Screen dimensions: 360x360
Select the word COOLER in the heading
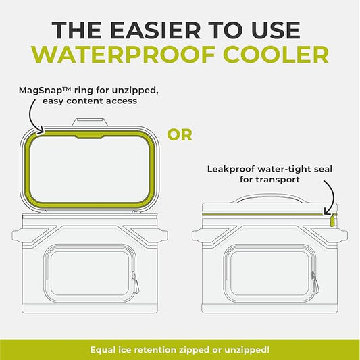pyautogui.click(x=273, y=54)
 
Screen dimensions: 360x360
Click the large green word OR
pyautogui.click(x=180, y=134)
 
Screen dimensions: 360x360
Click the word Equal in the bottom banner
pyautogui.click(x=105, y=349)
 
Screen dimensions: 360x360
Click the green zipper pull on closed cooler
pyautogui.click(x=332, y=220)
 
